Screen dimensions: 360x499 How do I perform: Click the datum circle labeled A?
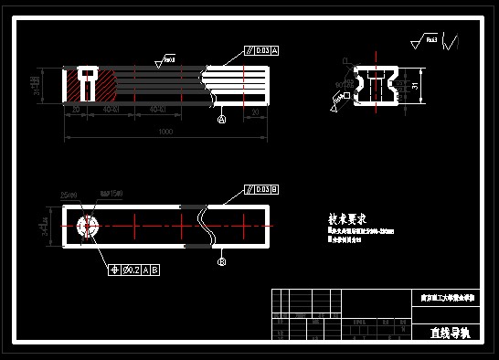coord(222,119)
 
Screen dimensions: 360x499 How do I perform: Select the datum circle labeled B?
coord(221,261)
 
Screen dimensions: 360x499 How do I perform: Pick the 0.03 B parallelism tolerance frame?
coord(261,189)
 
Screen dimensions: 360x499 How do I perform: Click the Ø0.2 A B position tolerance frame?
coord(133,270)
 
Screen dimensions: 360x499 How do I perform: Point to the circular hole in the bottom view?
coord(88,227)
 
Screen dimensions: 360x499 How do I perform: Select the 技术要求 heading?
coord(347,219)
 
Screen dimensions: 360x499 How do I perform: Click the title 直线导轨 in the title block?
coord(448,333)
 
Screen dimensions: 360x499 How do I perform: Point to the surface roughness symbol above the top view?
coord(165,60)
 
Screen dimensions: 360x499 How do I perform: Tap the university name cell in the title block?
coord(447,298)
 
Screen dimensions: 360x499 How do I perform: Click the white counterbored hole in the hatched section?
coord(87,80)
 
